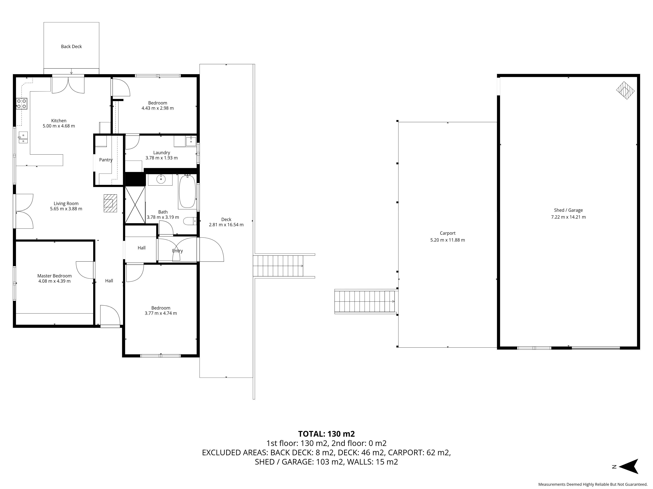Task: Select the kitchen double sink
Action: (x=23, y=138)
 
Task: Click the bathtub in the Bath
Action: (x=187, y=191)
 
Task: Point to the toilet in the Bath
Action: (x=190, y=221)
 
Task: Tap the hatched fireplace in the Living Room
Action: (x=110, y=203)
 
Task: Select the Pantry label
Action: (x=106, y=160)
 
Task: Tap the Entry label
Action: (x=177, y=251)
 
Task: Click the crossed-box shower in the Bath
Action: (x=135, y=205)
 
